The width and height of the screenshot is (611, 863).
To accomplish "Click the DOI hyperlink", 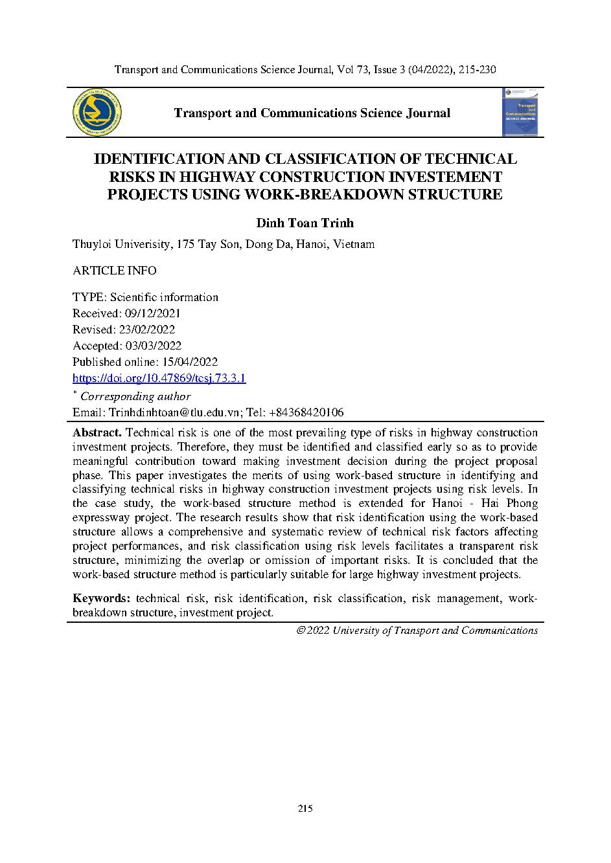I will [159, 379].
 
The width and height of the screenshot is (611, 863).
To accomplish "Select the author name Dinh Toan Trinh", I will [305, 223].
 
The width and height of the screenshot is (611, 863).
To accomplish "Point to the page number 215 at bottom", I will [305, 809].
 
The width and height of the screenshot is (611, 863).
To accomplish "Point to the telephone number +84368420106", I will [305, 412].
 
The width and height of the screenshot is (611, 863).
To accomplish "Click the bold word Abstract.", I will [97, 432].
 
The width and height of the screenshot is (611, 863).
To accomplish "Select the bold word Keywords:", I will [102, 598].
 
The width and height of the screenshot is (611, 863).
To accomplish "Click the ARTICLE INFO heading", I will [114, 271].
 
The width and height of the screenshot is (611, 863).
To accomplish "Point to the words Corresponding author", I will [135, 396].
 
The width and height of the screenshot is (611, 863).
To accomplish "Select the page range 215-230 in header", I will [477, 69].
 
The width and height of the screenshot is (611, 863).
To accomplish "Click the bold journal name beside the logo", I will [312, 113].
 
